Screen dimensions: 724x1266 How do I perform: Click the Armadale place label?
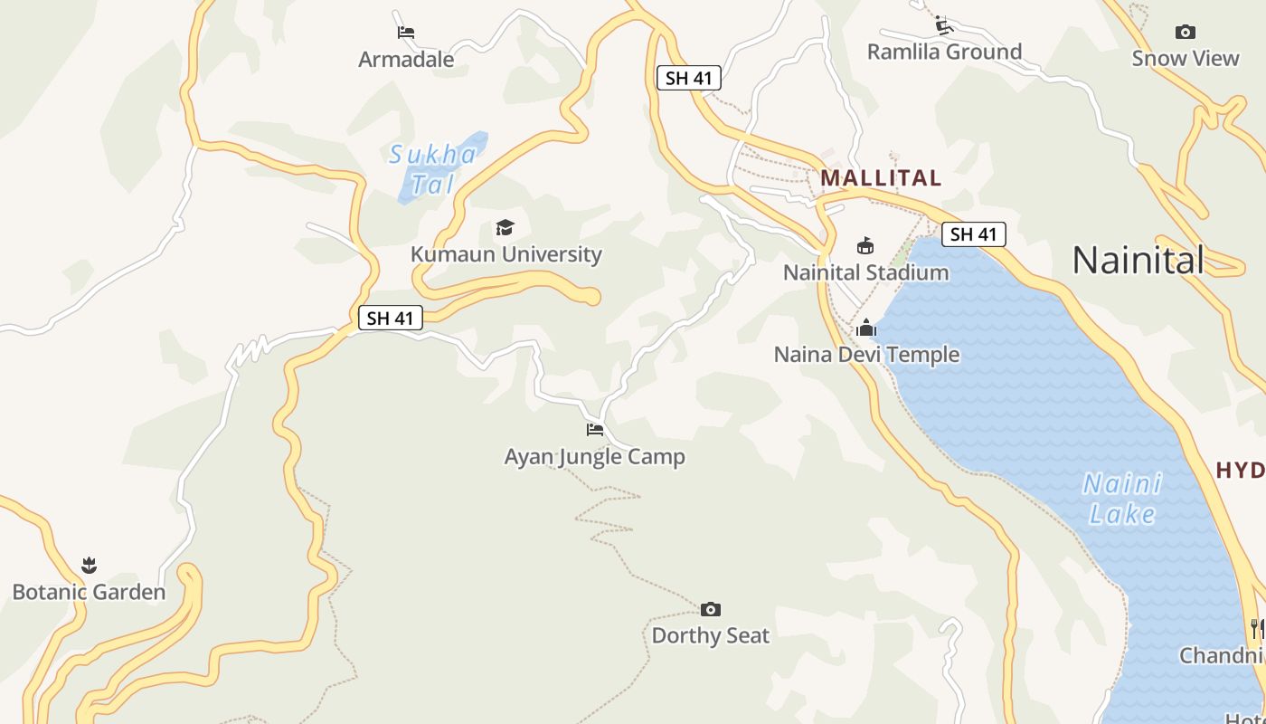pos(406,60)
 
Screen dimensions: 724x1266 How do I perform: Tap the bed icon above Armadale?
pos(406,33)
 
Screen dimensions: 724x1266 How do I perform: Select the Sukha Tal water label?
pos(432,169)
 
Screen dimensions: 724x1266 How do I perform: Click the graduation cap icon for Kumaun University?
pos(505,227)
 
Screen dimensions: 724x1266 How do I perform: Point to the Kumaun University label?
pos(505,254)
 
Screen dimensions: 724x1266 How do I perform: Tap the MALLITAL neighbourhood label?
pos(881,178)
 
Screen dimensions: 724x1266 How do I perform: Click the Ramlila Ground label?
pos(944,52)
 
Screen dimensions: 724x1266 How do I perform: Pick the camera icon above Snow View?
pos(1185,33)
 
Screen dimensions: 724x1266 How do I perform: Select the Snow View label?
pos(1185,59)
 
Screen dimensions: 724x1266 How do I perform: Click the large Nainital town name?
pos(1138,261)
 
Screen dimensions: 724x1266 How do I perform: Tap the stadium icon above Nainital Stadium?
pos(865,245)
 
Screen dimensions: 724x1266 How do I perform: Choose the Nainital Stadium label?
pos(865,272)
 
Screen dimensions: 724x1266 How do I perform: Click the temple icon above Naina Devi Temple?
pos(866,328)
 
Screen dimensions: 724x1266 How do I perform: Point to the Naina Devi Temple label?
pos(866,355)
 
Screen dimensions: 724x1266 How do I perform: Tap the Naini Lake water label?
pos(1122,499)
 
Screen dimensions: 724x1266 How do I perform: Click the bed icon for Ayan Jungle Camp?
pos(594,430)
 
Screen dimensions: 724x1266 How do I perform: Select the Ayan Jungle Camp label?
pos(594,457)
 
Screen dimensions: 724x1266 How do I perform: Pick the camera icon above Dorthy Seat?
pos(711,609)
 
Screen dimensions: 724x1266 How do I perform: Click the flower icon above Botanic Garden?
pos(89,566)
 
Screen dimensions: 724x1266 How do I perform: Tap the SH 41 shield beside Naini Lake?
pos(973,234)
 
